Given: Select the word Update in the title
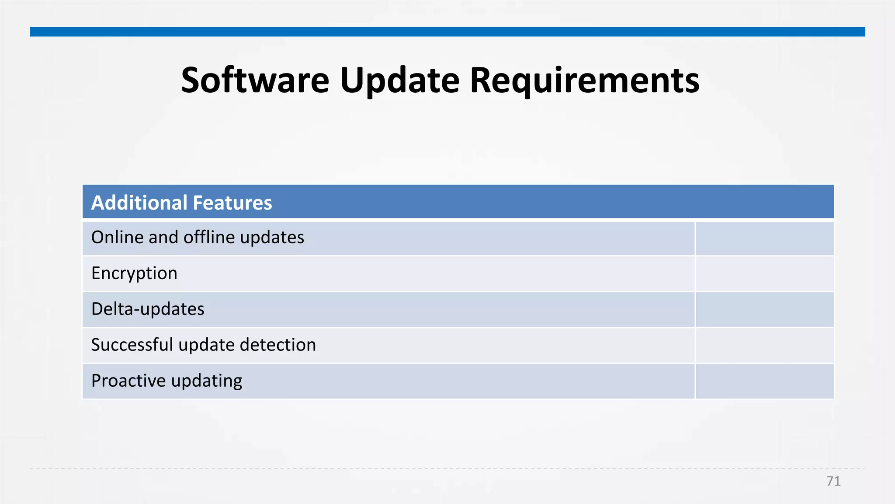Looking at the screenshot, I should [x=399, y=81].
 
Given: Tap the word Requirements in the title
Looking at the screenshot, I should [x=584, y=81].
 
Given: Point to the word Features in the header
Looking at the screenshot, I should [x=232, y=203].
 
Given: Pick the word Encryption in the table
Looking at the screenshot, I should [x=134, y=273].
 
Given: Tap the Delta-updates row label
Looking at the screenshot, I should [x=148, y=309].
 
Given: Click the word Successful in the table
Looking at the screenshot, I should [x=132, y=345].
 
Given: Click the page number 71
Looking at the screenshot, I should [x=833, y=481].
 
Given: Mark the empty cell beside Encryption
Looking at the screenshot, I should [x=764, y=274].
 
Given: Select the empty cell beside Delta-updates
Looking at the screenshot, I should [x=764, y=310].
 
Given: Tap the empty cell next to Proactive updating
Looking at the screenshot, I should [x=764, y=381].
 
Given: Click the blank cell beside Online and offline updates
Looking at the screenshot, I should [x=764, y=238].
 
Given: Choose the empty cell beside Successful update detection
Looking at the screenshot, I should [x=764, y=346].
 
